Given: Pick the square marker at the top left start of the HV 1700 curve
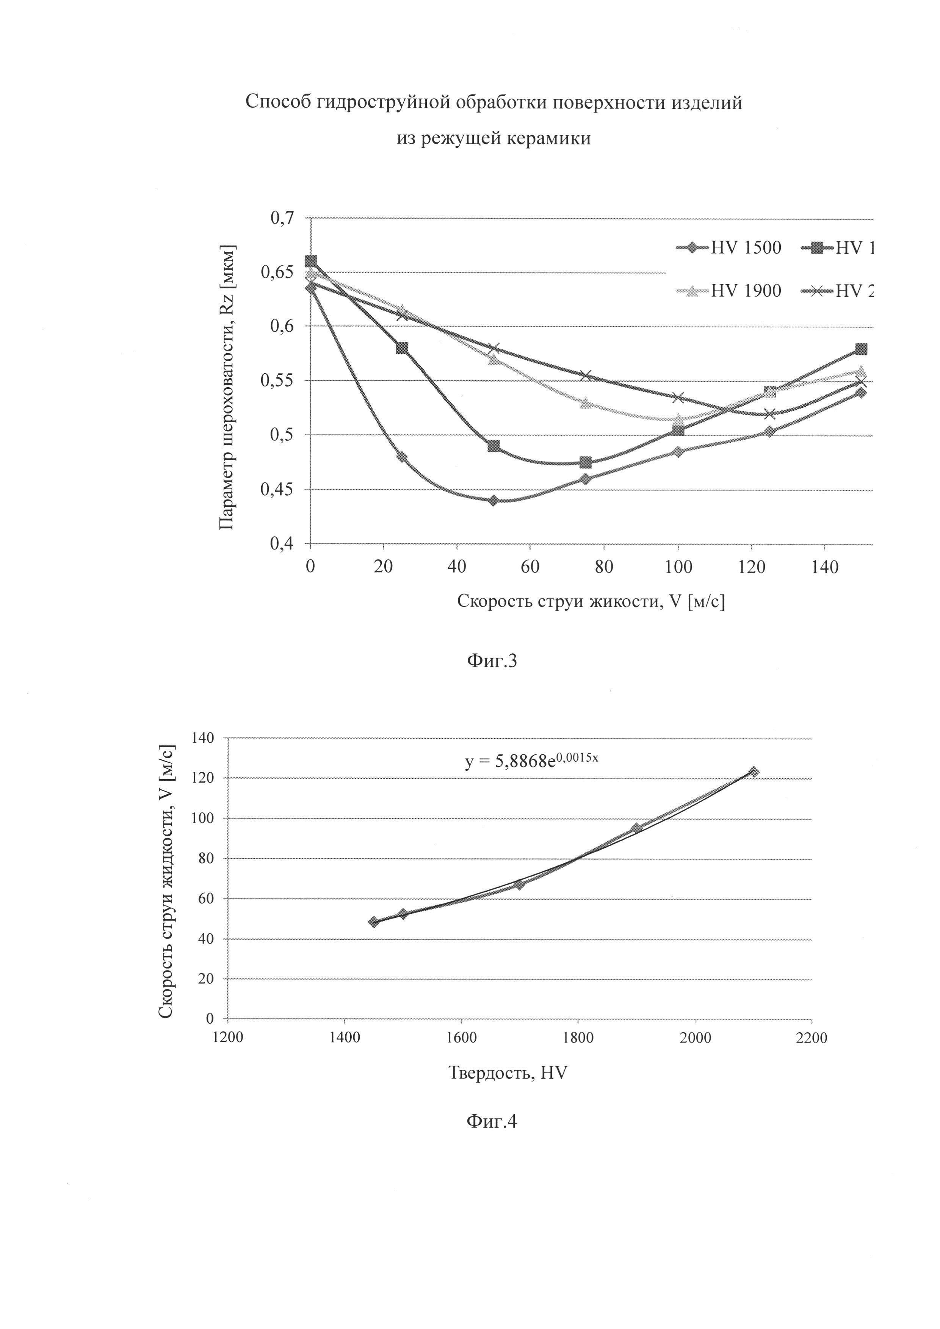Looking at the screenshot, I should click(x=311, y=261).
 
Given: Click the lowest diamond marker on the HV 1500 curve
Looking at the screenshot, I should click(x=493, y=501).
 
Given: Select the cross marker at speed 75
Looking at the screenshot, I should click(x=586, y=376).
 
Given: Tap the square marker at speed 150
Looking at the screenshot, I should click(x=861, y=349).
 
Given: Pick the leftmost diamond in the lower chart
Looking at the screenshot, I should click(x=374, y=922).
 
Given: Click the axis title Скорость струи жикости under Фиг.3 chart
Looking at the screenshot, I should click(x=591, y=601).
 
